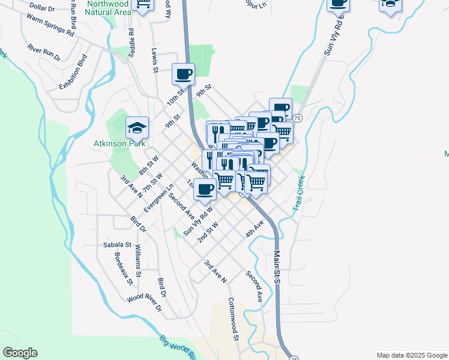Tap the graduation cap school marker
137,127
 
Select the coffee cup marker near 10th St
183,74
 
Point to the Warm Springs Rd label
50,25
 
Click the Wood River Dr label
144,304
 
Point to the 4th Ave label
255,228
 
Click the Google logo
20,353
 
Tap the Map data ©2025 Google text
411,355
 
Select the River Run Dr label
44,52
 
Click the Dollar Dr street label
41,8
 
